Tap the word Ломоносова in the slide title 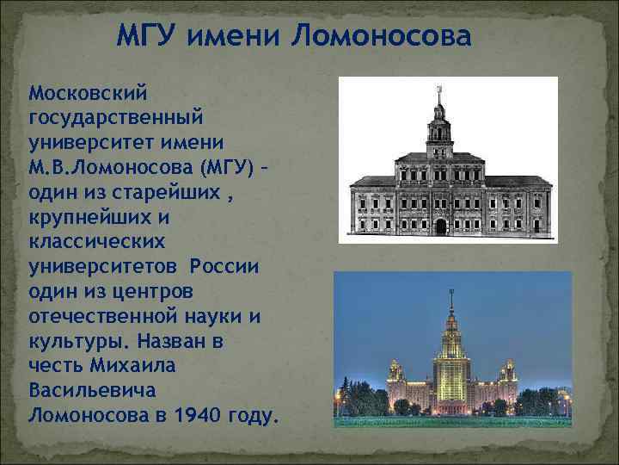pyautogui.click(x=382, y=38)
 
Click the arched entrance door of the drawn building pyautogui.click(x=441, y=226)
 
